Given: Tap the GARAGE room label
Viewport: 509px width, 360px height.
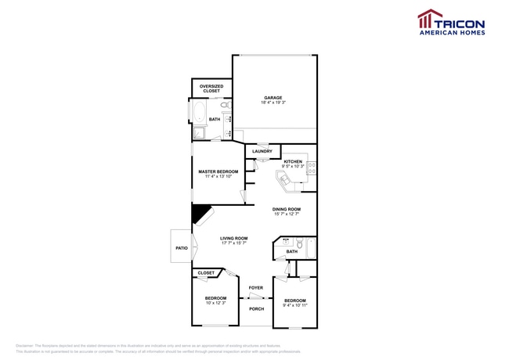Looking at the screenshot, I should click(x=273, y=98).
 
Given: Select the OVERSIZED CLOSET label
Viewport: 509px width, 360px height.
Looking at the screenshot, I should click(x=211, y=88).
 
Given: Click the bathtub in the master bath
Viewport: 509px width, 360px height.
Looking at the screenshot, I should click(x=196, y=115).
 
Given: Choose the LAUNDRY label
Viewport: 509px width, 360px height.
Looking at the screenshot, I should click(x=262, y=151).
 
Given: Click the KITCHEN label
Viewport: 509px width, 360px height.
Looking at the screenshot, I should click(x=294, y=162).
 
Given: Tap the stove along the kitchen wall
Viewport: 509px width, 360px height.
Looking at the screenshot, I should click(x=312, y=166).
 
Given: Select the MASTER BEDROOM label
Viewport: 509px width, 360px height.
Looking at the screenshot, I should click(x=218, y=171).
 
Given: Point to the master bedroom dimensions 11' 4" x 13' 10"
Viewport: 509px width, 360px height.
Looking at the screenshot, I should click(x=218, y=177).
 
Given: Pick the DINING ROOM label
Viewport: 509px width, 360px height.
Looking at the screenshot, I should click(x=287, y=209).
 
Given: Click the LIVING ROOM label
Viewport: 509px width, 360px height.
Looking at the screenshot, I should click(x=233, y=239).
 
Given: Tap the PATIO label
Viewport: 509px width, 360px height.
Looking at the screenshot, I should click(x=182, y=248).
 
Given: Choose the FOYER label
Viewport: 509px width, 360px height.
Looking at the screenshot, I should click(x=256, y=288).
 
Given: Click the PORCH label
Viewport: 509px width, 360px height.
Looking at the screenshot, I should click(x=256, y=308).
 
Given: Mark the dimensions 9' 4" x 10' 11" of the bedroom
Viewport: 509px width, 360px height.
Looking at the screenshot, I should click(x=294, y=305).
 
